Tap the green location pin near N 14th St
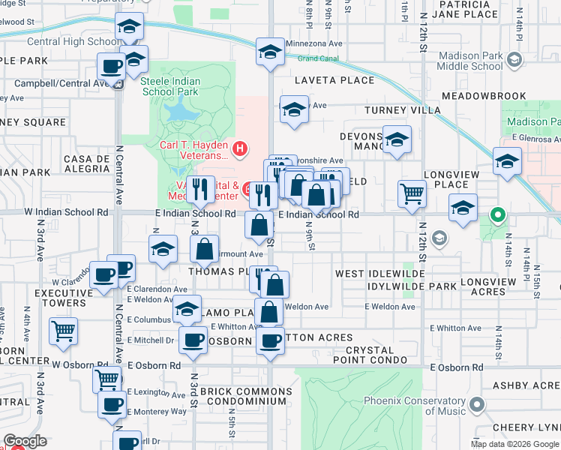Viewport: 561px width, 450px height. point(497,217)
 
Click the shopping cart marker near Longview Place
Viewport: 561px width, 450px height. point(412,193)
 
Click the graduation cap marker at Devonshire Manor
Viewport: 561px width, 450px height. point(397,139)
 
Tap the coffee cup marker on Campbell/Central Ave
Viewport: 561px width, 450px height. point(112,66)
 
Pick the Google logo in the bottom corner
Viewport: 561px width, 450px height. point(25,441)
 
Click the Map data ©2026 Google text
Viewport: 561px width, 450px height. point(514,444)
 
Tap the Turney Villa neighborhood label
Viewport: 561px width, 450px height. point(402,110)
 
